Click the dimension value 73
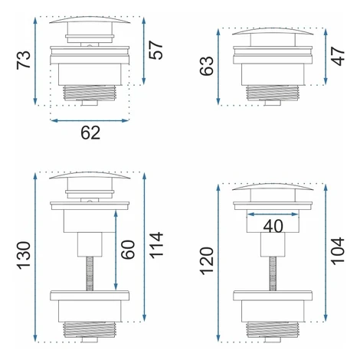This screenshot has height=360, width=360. [24, 60]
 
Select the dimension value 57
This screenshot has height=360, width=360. [155, 50]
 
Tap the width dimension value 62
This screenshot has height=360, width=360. [90, 133]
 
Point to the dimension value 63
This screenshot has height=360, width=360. [206, 66]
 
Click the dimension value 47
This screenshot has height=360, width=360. [338, 56]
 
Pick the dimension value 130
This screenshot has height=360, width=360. [24, 255]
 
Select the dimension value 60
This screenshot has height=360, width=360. [128, 250]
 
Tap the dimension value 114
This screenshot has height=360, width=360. [155, 245]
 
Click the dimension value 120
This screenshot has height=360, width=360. [206, 261]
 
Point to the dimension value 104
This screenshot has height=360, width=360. [338, 251]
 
